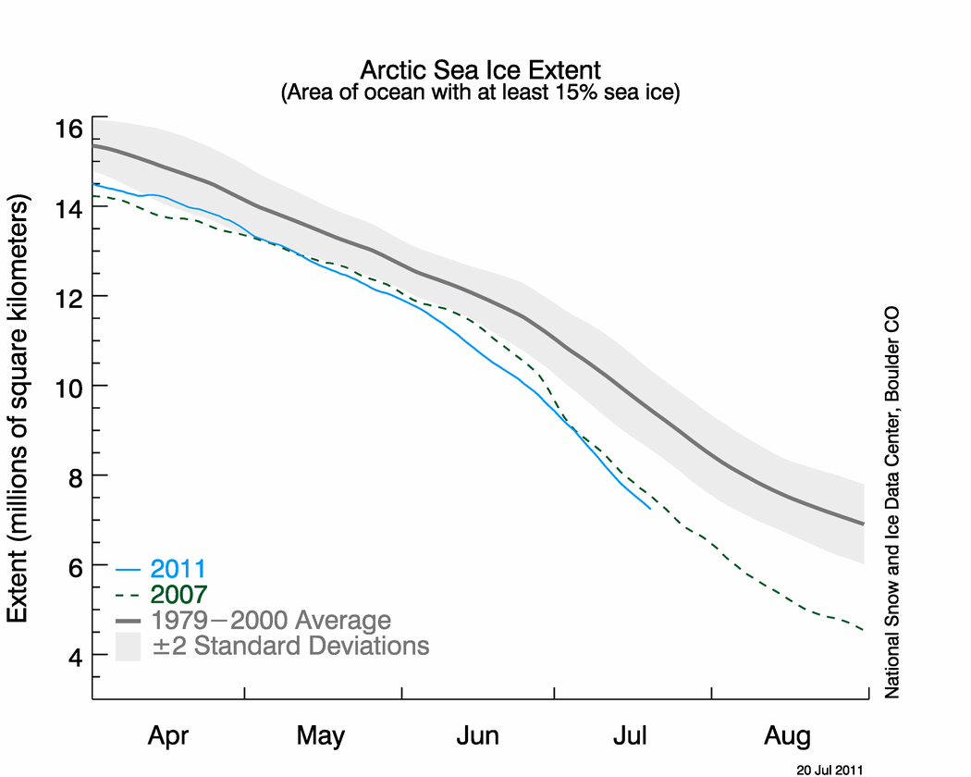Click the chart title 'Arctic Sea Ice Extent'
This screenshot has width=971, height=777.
[x=480, y=70]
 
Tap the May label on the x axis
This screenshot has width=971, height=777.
[x=321, y=737]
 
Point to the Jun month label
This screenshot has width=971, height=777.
[x=477, y=737]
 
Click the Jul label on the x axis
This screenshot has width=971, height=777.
[x=631, y=737]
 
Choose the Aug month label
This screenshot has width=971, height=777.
[x=787, y=737]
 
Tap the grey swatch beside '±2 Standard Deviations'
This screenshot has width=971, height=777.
[x=127, y=645]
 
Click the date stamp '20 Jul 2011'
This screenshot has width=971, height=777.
[x=830, y=769]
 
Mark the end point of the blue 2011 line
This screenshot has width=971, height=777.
[x=650, y=509]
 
